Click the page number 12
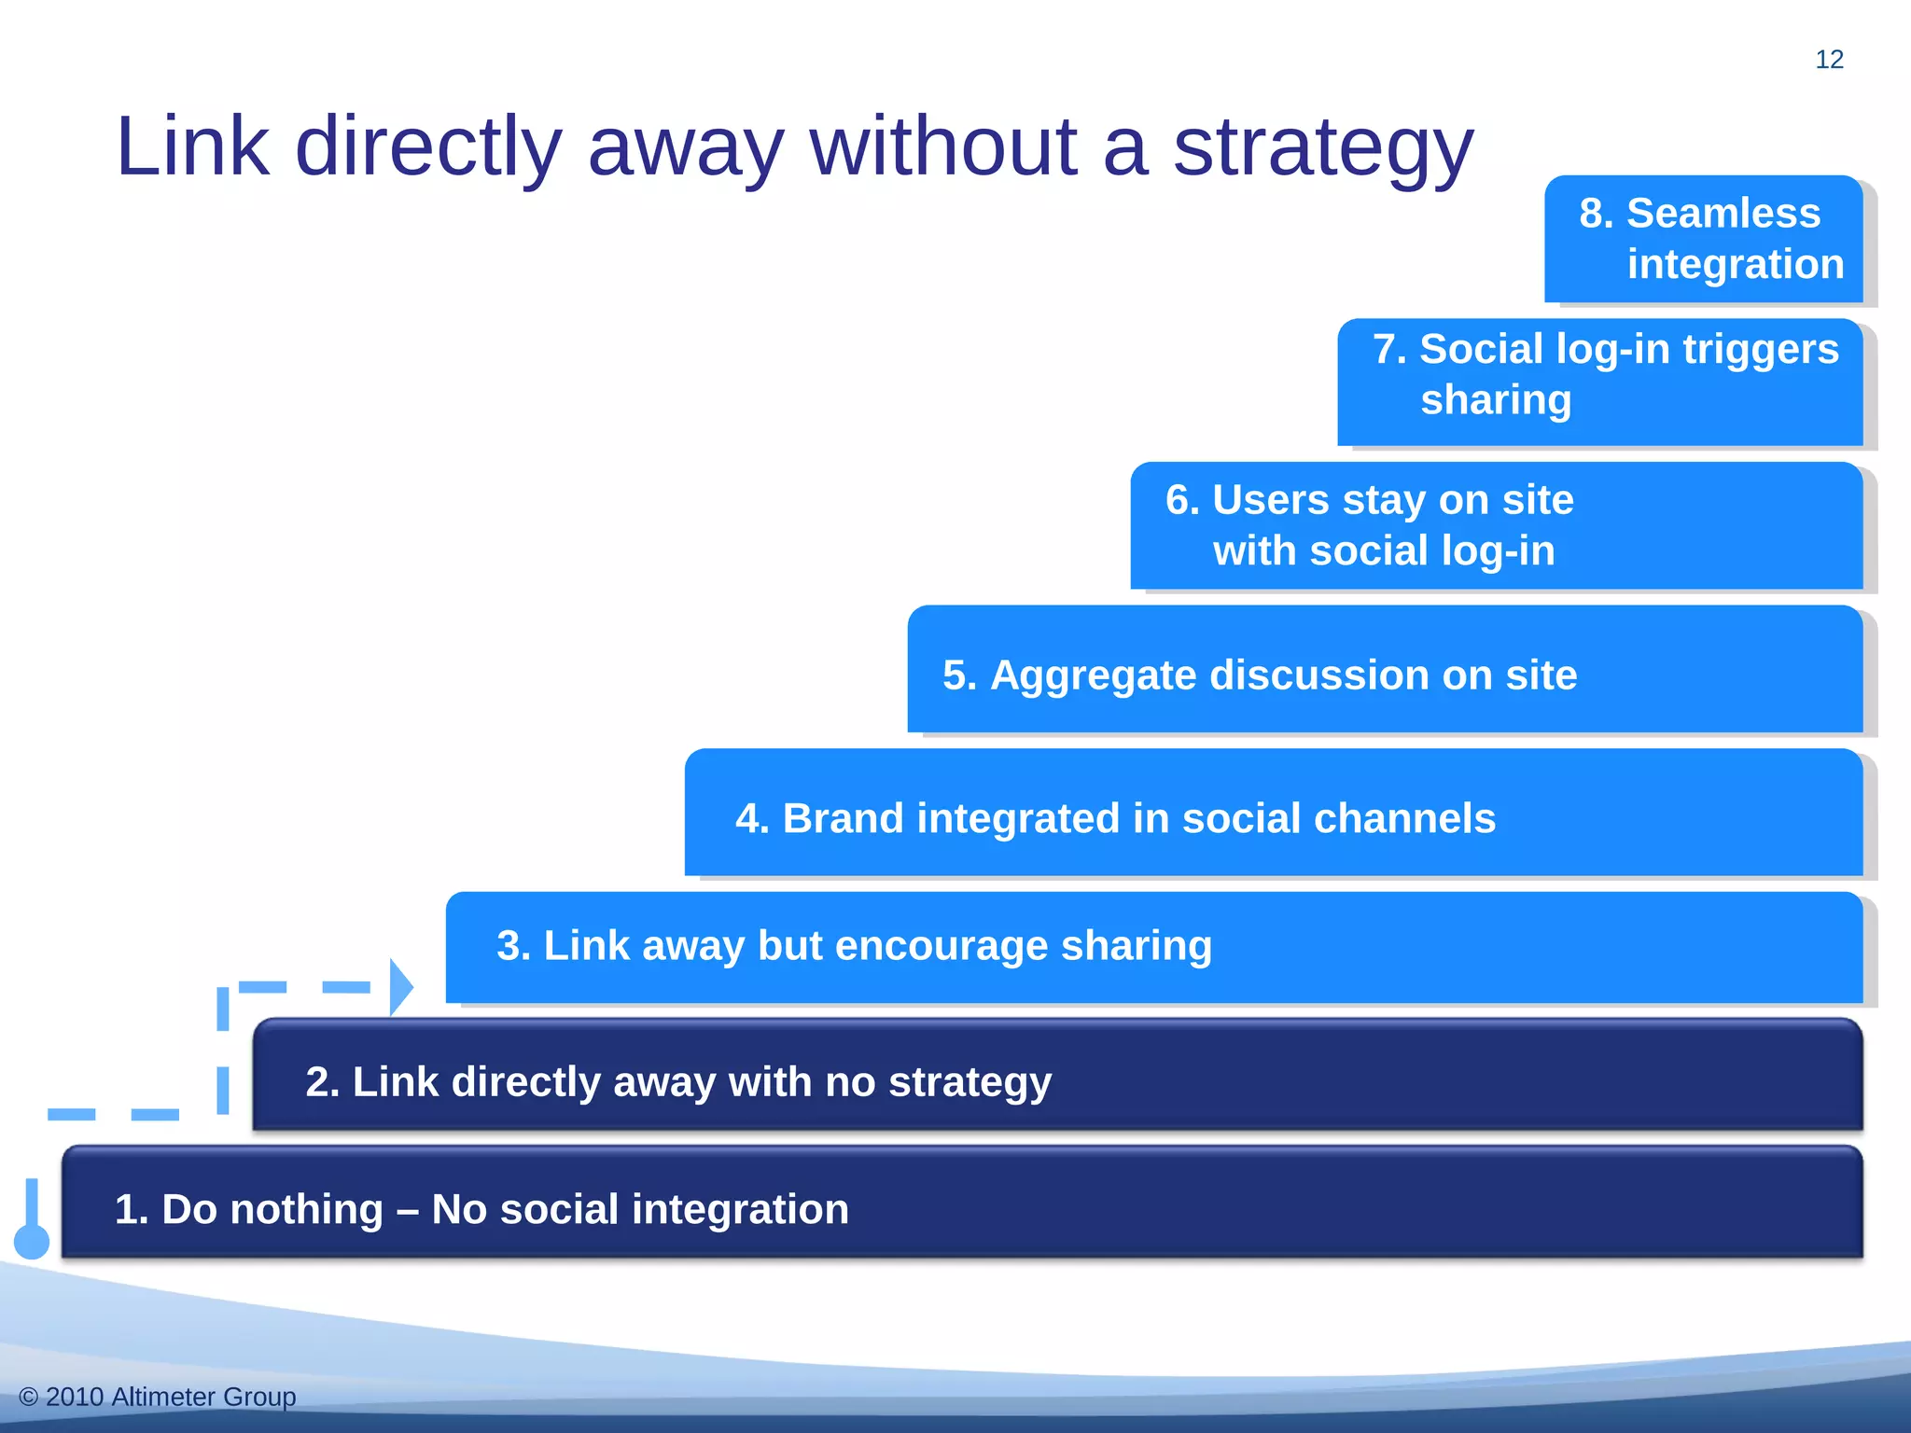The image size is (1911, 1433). (x=1829, y=60)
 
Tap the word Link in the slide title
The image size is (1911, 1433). (x=192, y=146)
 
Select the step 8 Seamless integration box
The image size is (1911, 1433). (x=1703, y=239)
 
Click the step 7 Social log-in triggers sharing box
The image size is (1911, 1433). (x=1599, y=382)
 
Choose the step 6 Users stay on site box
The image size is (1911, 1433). (x=1496, y=525)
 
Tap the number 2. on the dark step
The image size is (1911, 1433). (x=322, y=1082)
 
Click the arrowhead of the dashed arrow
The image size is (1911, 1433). (x=401, y=987)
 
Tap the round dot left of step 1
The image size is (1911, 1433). (x=32, y=1242)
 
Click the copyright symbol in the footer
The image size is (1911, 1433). (x=28, y=1397)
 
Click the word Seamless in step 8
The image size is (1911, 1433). (x=1723, y=214)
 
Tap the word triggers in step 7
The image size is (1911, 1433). (x=1761, y=350)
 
